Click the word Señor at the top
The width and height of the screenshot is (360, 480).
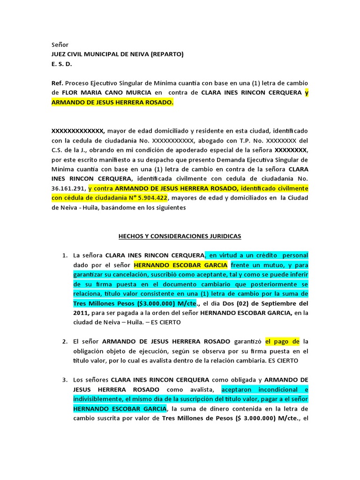click(x=60, y=45)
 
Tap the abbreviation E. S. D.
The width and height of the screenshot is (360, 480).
click(x=62, y=64)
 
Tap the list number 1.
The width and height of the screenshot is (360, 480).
click(x=65, y=255)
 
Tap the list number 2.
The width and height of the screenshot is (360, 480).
click(x=65, y=341)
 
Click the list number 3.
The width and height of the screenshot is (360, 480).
click(x=65, y=380)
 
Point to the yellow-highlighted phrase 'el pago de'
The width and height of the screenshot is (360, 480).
click(x=282, y=341)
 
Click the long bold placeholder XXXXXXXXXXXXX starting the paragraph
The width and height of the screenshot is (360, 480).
click(x=78, y=131)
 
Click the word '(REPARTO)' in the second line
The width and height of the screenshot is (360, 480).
click(x=167, y=54)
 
